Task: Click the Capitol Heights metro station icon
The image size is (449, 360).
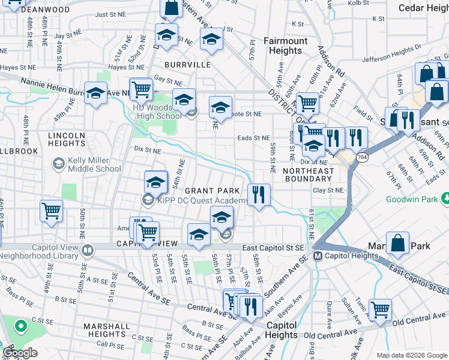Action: click(x=319, y=256)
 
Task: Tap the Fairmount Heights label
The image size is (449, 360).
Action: click(x=286, y=46)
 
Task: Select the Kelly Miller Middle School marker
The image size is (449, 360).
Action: click(x=58, y=163)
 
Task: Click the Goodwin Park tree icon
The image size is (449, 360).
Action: click(x=445, y=198)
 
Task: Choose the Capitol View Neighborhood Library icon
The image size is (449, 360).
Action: click(x=88, y=249)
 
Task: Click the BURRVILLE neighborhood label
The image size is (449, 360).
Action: click(x=189, y=64)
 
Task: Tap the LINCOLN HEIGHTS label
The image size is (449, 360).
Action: click(x=67, y=139)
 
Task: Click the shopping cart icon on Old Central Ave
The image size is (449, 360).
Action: click(x=380, y=310)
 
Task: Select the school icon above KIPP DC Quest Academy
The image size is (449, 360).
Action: click(x=155, y=182)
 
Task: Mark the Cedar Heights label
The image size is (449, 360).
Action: click(x=424, y=8)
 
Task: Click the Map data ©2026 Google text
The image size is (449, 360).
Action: click(x=411, y=355)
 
